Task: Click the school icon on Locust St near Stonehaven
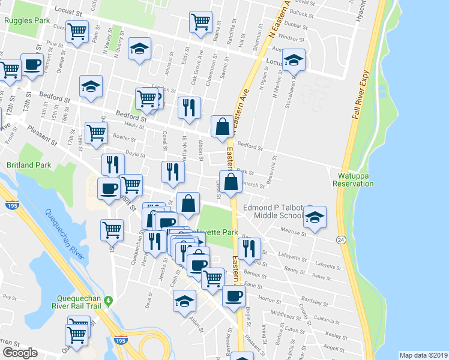pyautogui.click(x=294, y=60)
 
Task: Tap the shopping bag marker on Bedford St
pyautogui.click(x=222, y=127)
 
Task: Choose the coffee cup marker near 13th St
pyautogui.click(x=32, y=65)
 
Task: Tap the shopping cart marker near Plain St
pyautogui.click(x=77, y=30)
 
